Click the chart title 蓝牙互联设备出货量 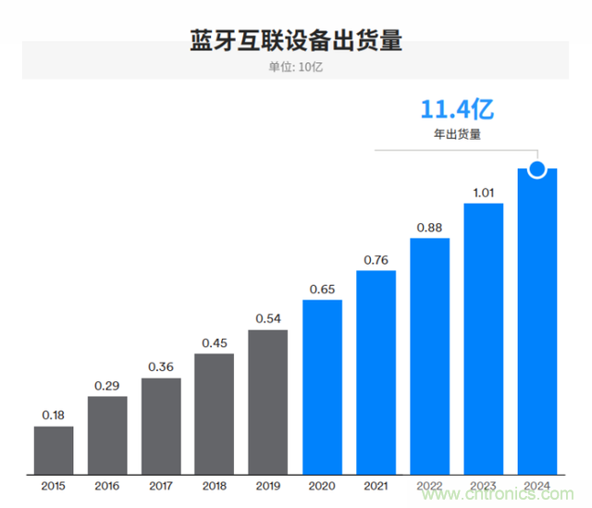point(295,40)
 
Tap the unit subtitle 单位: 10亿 point(295,67)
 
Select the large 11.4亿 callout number point(457,110)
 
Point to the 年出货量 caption point(457,134)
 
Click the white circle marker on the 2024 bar point(536,168)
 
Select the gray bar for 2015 point(54,451)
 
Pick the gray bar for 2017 point(161,427)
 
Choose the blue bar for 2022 point(429,356)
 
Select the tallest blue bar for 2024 point(536,324)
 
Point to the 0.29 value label point(107,384)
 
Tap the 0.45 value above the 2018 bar point(215,341)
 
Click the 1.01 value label point(483,192)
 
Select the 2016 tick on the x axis point(107,485)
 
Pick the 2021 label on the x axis point(376,485)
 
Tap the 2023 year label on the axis point(483,485)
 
